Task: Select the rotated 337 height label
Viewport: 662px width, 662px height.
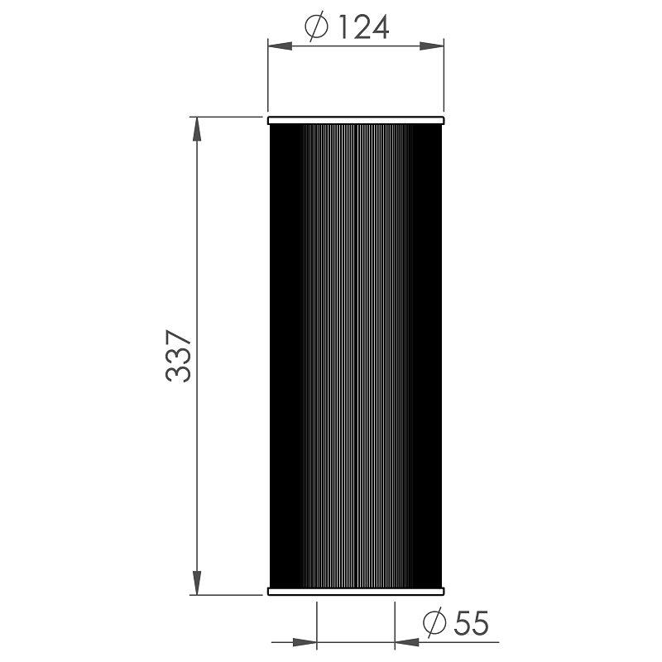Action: (x=179, y=357)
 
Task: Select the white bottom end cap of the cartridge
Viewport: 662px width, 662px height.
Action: (x=356, y=591)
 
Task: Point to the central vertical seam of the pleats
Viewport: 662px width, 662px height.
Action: (x=355, y=356)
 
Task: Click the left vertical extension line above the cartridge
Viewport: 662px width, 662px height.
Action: (x=267, y=79)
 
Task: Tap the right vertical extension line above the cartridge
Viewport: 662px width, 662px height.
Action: (x=444, y=79)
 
